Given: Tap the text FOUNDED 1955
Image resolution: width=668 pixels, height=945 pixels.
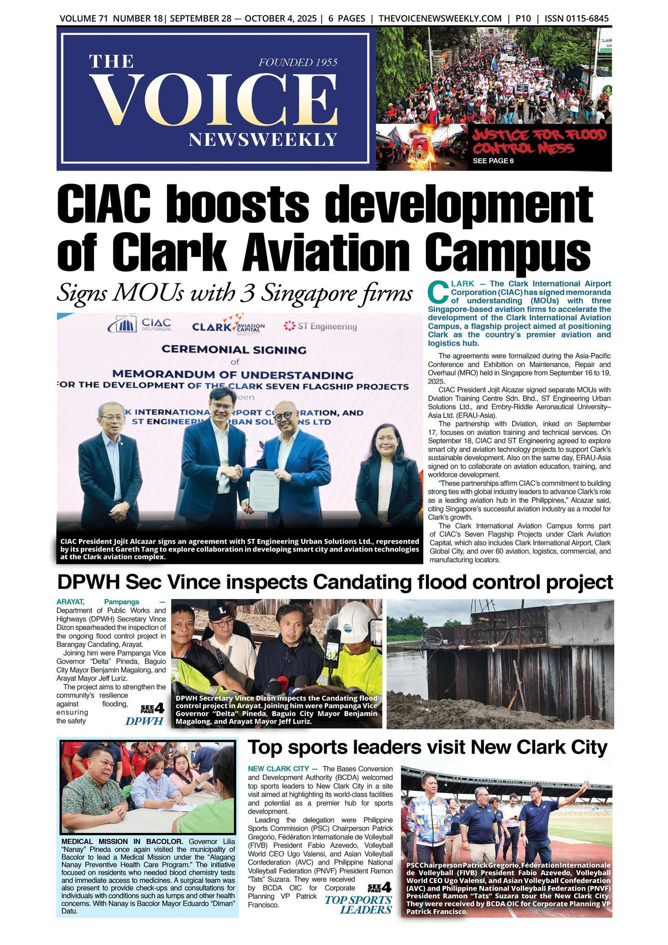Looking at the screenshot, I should [x=298, y=62].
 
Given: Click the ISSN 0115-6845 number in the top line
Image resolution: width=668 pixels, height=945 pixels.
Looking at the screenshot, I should [x=576, y=19].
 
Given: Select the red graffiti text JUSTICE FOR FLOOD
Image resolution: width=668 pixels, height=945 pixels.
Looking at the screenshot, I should [x=539, y=135].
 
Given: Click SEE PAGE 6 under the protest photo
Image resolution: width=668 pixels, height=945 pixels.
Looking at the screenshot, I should [x=493, y=161].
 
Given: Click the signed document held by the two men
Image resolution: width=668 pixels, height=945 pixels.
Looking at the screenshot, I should [x=263, y=490].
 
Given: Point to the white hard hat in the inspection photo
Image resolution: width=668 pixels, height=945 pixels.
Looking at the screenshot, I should [x=356, y=621].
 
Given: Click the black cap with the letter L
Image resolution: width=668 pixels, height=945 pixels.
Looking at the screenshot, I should [x=220, y=612].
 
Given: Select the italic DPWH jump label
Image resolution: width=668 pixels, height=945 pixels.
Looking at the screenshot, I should [x=144, y=721].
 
